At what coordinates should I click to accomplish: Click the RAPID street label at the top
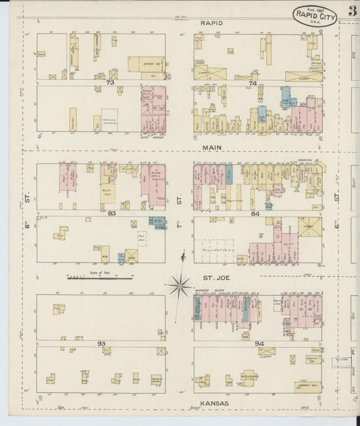[x=211, y=22]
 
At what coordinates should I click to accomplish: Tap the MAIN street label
[x=211, y=146]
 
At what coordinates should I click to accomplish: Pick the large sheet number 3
[x=353, y=11]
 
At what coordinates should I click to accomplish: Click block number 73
[x=109, y=82]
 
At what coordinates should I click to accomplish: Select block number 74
[x=253, y=83]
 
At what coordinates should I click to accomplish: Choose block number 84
[x=255, y=214]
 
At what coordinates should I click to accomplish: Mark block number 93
[x=101, y=344]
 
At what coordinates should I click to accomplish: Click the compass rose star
[x=180, y=285]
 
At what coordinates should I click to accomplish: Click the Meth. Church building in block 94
[x=249, y=377]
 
